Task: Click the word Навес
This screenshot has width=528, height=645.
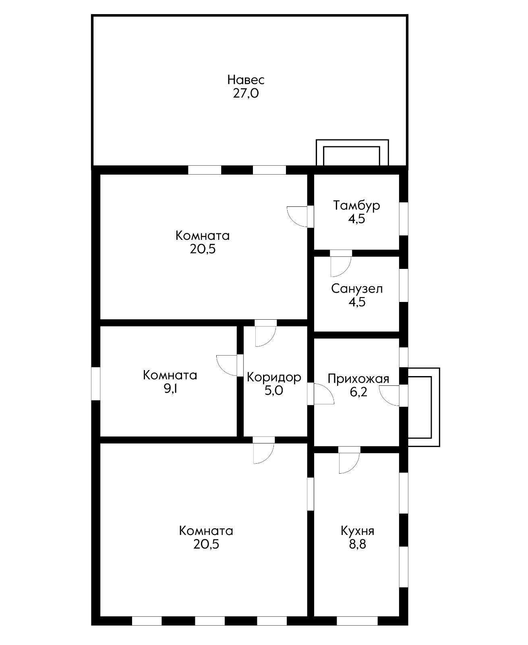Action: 246,80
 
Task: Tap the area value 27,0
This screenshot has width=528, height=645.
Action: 246,93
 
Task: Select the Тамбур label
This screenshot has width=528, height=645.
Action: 356,206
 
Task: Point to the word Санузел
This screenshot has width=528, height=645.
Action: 356,288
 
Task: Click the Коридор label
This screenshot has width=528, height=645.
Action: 274,377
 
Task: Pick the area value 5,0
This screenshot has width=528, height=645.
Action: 274,391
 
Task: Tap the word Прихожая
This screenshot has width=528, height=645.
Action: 358,379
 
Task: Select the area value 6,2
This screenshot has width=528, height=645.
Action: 358,392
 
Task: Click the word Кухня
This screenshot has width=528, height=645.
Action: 357,531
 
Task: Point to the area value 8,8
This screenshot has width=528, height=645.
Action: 358,544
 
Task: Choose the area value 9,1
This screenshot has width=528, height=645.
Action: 170,389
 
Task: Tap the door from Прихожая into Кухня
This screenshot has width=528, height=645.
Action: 349,460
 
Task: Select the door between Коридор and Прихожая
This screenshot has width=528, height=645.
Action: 321,394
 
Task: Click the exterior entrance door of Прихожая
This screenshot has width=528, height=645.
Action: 393,396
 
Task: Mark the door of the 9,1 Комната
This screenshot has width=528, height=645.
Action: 230,366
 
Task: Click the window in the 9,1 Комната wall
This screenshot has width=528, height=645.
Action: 96,383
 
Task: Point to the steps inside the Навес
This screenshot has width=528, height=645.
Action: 352,153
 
